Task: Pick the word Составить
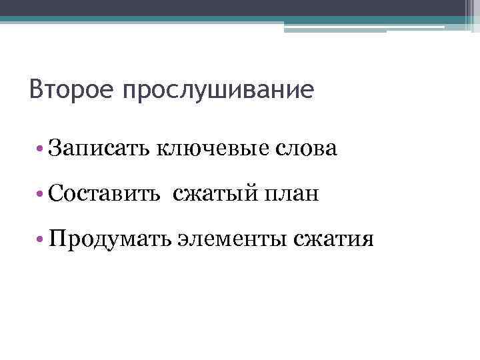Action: pos(104,194)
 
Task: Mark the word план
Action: pos(292,194)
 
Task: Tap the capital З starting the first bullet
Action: pos(55,148)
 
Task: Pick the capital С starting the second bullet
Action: pos(56,194)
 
